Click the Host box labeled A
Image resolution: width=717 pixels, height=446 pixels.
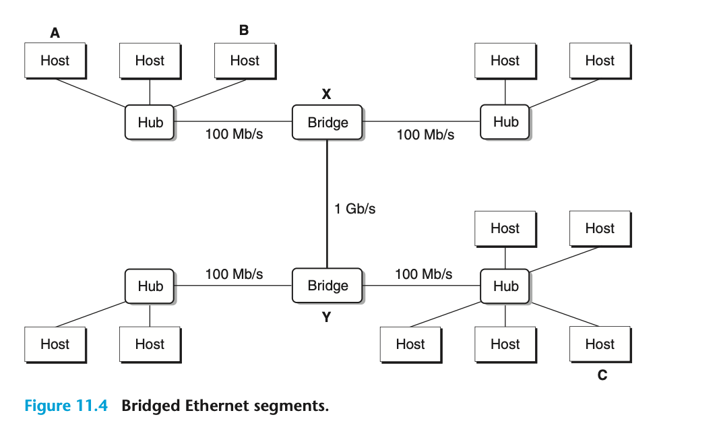point(55,61)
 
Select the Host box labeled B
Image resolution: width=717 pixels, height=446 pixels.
point(245,61)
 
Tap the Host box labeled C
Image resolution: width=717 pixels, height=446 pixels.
point(600,344)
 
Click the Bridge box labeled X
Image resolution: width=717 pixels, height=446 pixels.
point(328,123)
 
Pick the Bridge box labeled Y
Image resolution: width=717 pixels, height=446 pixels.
point(328,286)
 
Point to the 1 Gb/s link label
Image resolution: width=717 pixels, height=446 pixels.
point(355,209)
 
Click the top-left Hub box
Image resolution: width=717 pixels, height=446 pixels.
point(150,123)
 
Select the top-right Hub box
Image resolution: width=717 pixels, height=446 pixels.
point(505,122)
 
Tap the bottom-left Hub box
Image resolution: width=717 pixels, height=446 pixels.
point(150,286)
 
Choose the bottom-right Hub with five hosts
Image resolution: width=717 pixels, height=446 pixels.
point(505,286)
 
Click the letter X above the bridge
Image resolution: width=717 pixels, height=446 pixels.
point(326,95)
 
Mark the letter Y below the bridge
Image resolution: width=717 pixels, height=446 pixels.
point(326,317)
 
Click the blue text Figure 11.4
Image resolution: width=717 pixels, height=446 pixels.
point(66,406)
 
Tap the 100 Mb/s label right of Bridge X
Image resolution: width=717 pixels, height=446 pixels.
point(425,135)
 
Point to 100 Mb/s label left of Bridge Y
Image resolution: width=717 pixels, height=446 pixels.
point(234,274)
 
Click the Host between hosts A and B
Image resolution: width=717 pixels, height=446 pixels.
point(150,61)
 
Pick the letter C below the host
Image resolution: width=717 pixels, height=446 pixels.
point(602,375)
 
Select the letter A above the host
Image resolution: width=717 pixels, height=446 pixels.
point(55,32)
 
